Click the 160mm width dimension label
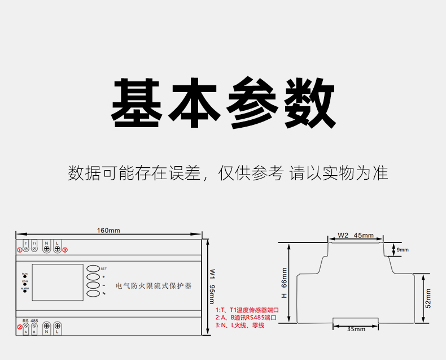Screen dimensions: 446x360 (x=108, y=231)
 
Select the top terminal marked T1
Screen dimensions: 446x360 (x=34, y=248)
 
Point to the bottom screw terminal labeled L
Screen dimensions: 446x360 (x=58, y=327)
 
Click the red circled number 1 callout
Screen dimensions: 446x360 (x=19, y=249)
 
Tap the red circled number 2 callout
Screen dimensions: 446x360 (x=19, y=327)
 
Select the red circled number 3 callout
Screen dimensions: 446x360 (x=65, y=249)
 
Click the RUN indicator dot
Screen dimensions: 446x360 (x=25, y=277)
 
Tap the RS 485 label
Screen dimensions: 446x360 (x=30, y=320)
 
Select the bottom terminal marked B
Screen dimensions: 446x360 (x=34, y=328)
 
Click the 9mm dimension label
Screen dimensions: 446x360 (x=402, y=249)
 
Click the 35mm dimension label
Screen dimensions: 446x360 (x=356, y=329)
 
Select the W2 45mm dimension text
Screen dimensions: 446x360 (x=356, y=235)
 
